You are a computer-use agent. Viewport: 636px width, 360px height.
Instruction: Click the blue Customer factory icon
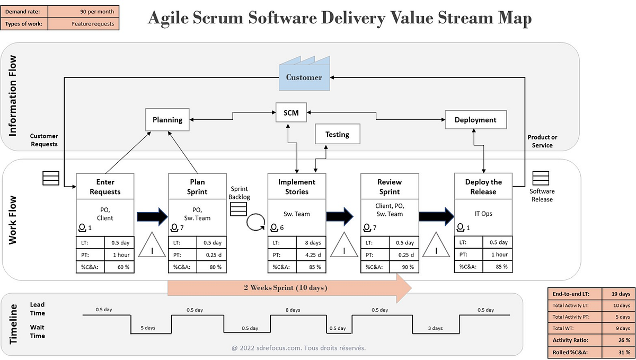304,77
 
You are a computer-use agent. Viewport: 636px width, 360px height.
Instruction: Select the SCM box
291,113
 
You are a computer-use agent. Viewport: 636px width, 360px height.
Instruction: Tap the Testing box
337,134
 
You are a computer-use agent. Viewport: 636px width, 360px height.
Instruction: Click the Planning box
167,120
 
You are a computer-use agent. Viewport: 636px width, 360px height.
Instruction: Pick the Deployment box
475,120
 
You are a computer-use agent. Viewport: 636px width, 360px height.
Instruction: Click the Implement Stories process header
297,187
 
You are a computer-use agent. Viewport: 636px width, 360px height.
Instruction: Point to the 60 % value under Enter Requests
120,267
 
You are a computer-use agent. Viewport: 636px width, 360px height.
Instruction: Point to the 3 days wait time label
435,328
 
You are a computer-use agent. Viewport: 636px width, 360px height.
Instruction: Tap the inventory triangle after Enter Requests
152,247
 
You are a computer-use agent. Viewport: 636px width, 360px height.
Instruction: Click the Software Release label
541,195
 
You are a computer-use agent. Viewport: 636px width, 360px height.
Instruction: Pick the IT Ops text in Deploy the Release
483,214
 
